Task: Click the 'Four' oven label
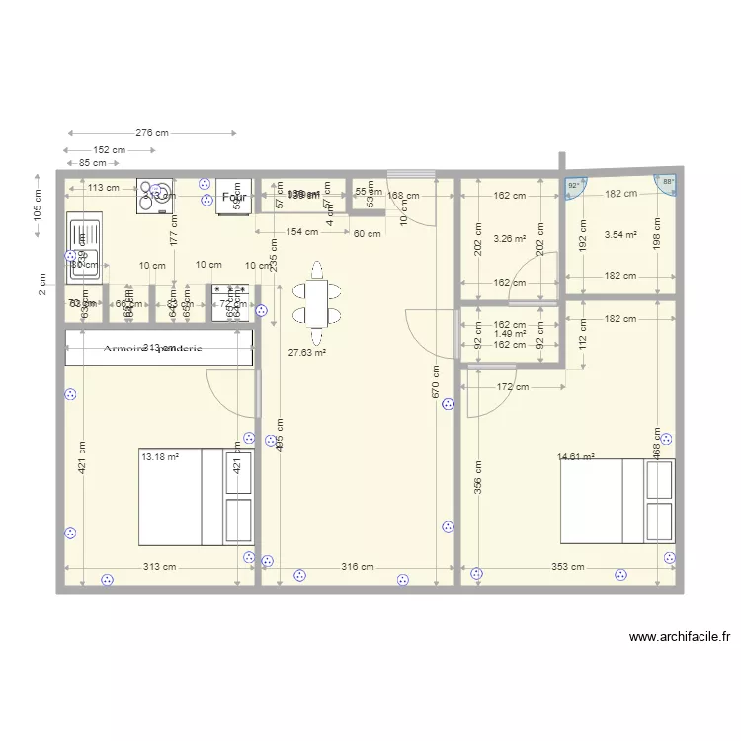click(x=234, y=198)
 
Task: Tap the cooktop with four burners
click(x=154, y=196)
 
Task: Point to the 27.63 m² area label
click(x=306, y=352)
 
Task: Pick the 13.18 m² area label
click(x=159, y=457)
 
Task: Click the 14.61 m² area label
click(x=576, y=457)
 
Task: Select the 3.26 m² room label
click(x=509, y=238)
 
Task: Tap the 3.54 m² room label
click(x=619, y=235)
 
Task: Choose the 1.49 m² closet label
click(x=509, y=334)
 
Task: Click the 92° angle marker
click(x=574, y=185)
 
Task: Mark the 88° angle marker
click(x=668, y=182)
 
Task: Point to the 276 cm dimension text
click(x=151, y=132)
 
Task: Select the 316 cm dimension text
click(x=358, y=567)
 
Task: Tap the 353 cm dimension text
click(x=566, y=567)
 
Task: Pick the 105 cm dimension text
click(x=37, y=205)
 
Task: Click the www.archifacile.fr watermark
click(x=679, y=638)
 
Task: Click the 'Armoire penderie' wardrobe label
click(x=158, y=348)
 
